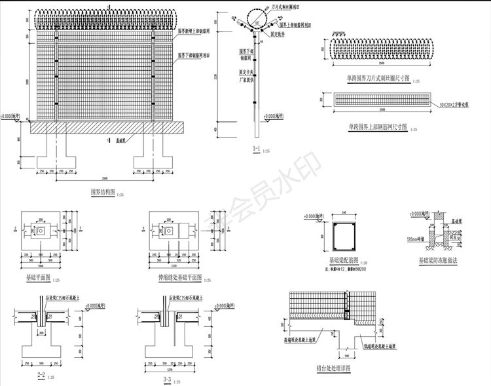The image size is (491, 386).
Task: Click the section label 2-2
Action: click(41, 376)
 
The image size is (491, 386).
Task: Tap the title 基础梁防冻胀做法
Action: click(439, 260)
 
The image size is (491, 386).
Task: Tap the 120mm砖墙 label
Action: click(414, 239)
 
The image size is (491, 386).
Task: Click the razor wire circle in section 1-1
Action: click(255, 16)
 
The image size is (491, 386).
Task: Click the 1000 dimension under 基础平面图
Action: click(41, 266)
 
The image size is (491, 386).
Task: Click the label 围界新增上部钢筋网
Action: click(196, 31)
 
